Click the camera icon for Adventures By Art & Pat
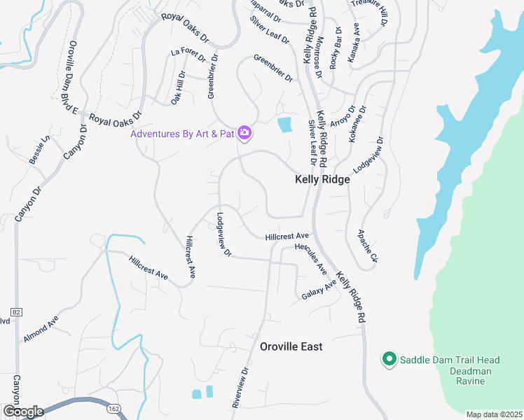point(244,132)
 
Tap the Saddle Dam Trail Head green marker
point(388,360)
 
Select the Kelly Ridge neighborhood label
point(322,179)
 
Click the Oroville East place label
point(291,346)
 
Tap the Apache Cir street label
point(368,246)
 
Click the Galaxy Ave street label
point(319,291)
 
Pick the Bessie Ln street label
point(40,149)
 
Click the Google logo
point(22,412)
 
